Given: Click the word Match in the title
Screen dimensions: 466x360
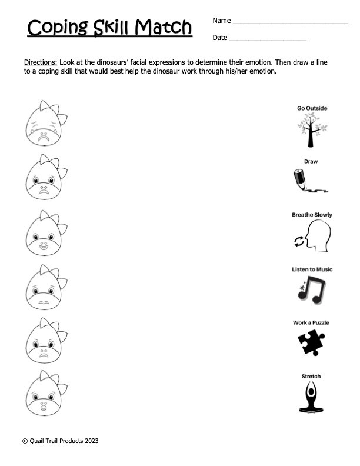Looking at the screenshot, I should tap(163, 27).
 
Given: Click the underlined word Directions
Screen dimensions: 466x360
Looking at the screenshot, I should tap(41, 62).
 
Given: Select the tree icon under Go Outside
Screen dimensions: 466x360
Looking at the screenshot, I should tap(312, 131).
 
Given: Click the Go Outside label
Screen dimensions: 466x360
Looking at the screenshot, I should tap(312, 109).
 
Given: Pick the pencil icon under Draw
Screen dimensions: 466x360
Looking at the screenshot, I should tap(309, 181).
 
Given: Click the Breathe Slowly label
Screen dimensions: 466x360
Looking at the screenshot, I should tap(312, 215).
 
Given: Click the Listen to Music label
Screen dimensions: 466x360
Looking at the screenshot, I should tap(312, 269).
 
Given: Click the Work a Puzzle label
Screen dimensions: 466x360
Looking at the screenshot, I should tap(311, 322).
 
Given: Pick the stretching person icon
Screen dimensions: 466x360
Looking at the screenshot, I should tap(311, 395).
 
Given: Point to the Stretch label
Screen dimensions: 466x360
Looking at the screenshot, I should tap(311, 377).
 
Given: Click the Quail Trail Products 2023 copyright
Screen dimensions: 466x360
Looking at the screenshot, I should tap(65, 440).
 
